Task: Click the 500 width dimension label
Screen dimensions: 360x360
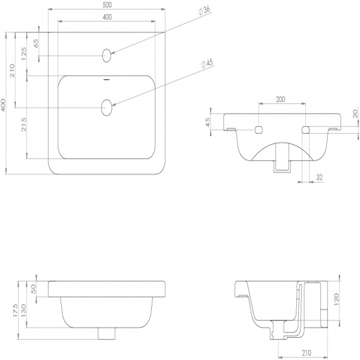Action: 107,5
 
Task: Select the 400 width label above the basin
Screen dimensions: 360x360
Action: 107,17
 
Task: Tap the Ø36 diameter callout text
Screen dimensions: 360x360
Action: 204,10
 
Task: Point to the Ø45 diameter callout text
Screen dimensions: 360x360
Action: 207,64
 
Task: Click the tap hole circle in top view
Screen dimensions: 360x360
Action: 107,55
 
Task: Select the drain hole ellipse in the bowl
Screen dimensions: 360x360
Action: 107,107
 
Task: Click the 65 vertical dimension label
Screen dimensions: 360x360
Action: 36,43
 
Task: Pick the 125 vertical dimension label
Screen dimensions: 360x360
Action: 23,54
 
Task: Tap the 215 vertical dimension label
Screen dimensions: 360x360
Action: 23,124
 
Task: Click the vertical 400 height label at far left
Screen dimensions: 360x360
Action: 3,106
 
